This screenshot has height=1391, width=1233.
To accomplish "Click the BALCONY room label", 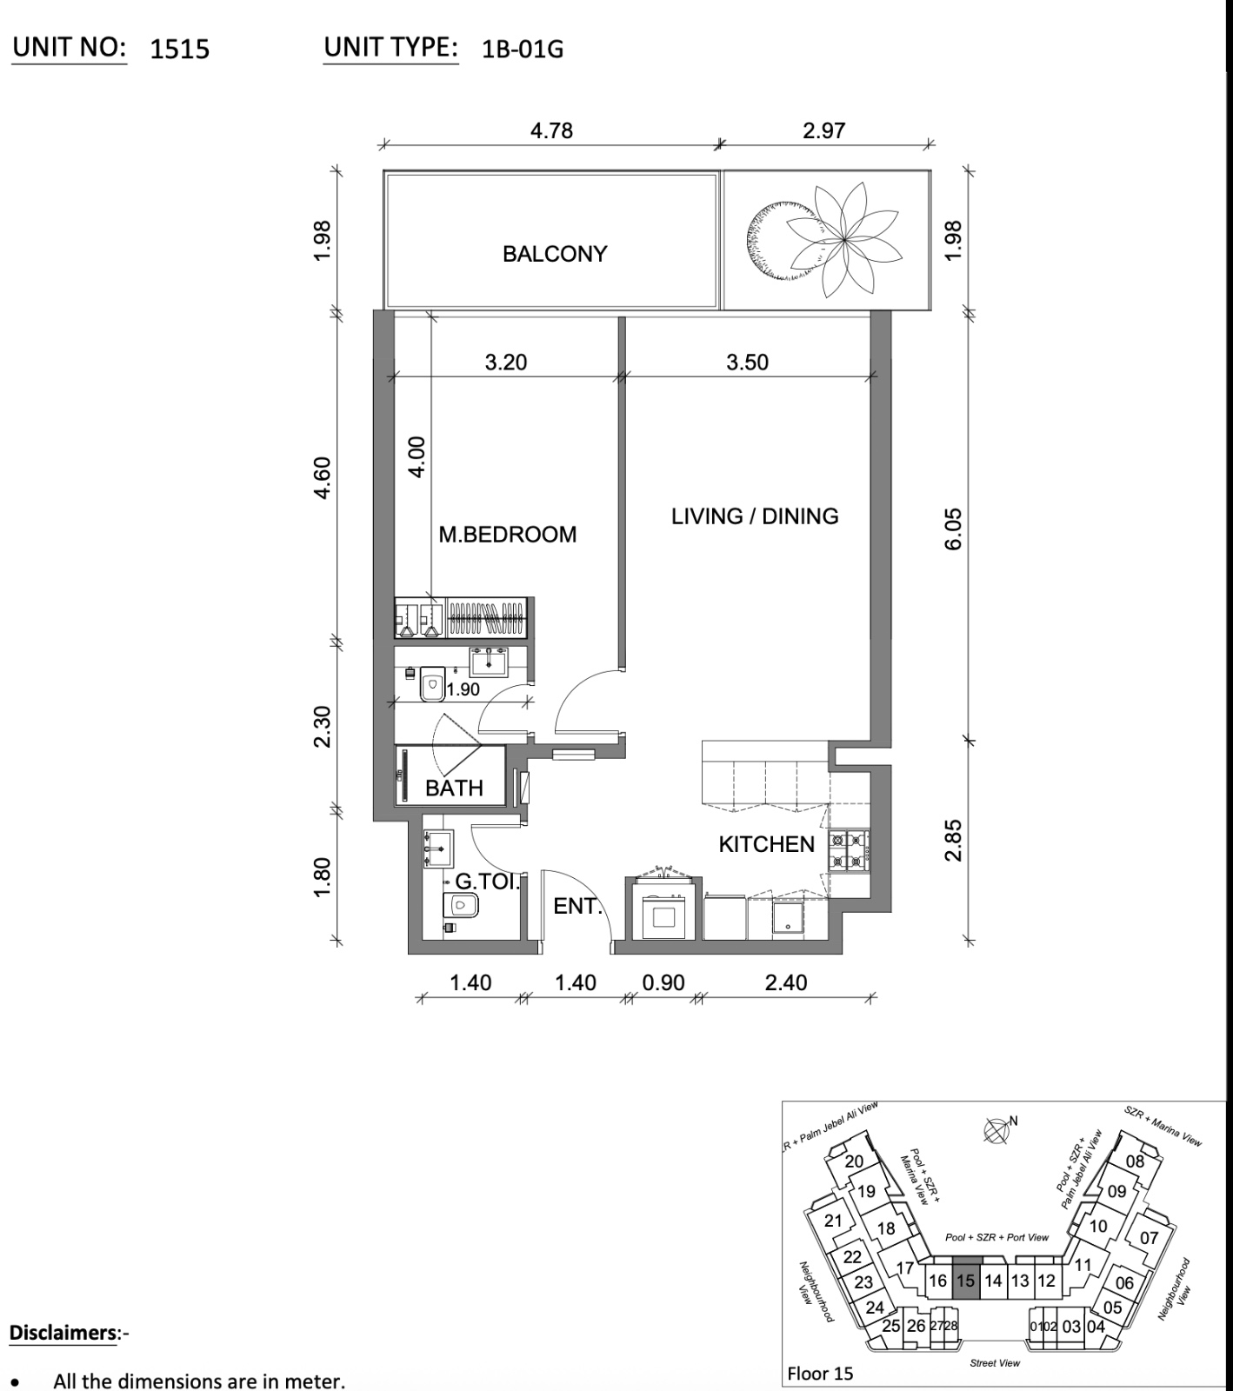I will pyautogui.click(x=554, y=254).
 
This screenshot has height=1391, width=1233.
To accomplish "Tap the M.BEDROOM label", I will pyautogui.click(x=507, y=534).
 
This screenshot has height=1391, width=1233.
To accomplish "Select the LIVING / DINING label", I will pyautogui.click(x=754, y=516).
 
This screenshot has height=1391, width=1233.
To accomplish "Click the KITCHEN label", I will pyautogui.click(x=766, y=844).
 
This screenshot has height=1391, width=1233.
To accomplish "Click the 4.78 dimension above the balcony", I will pyautogui.click(x=551, y=130).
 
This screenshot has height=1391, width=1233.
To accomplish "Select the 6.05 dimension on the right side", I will pyautogui.click(x=954, y=529).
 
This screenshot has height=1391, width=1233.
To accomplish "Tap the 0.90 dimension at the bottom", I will pyautogui.click(x=663, y=982).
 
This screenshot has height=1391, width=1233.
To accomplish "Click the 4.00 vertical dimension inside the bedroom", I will pyautogui.click(x=417, y=456).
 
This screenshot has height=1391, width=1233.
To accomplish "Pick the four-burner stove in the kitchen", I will pyautogui.click(x=848, y=851).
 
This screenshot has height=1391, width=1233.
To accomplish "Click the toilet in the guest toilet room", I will pyautogui.click(x=463, y=906).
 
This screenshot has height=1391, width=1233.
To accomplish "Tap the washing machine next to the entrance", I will pyautogui.click(x=665, y=916).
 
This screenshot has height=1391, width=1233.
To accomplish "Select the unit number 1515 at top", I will pyautogui.click(x=179, y=49).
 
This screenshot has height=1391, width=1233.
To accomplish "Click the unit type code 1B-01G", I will pyautogui.click(x=523, y=50).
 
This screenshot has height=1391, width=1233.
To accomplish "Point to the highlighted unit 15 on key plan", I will pyautogui.click(x=965, y=1280).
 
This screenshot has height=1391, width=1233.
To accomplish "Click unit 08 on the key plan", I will pyautogui.click(x=1135, y=1161).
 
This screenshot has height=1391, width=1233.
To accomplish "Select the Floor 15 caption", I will pyautogui.click(x=820, y=1374).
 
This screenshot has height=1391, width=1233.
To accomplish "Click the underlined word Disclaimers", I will pyautogui.click(x=63, y=1333).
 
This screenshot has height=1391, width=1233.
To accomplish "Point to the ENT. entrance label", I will pyautogui.click(x=577, y=906).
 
